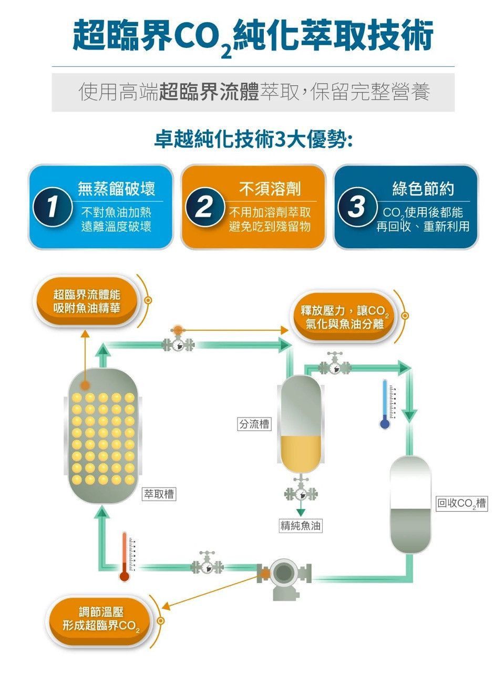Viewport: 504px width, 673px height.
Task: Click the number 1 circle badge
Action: click(x=53, y=207)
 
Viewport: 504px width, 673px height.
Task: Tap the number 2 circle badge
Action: click(x=205, y=207)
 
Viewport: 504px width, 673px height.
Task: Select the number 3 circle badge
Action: click(x=357, y=207)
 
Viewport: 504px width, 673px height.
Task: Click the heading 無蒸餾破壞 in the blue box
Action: click(x=117, y=189)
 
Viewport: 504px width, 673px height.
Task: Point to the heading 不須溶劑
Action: click(x=270, y=189)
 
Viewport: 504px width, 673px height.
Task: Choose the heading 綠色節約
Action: click(x=423, y=189)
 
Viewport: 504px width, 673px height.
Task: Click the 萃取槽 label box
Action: click(x=159, y=494)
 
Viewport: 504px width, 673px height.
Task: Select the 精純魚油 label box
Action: click(x=301, y=526)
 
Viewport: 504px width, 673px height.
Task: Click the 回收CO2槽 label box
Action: click(x=462, y=504)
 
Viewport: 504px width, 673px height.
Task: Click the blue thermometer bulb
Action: click(x=385, y=424)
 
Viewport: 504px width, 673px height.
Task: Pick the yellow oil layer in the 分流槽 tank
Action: click(x=301, y=454)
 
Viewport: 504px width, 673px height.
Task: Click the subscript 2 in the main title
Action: click(x=226, y=53)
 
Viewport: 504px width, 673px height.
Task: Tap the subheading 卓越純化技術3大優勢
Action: click(x=253, y=141)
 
